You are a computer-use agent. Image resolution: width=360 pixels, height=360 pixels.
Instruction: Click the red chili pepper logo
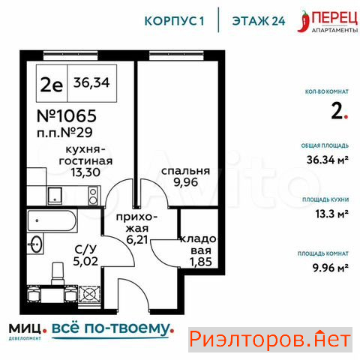304,22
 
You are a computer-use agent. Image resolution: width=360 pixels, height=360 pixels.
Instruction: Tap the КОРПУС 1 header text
174,21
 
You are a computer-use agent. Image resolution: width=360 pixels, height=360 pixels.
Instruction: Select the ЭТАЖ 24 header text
259,21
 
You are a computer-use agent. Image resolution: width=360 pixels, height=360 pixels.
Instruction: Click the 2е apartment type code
52,85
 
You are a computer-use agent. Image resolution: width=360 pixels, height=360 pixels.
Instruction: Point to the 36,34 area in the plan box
91,82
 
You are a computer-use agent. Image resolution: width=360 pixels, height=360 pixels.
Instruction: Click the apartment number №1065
67,115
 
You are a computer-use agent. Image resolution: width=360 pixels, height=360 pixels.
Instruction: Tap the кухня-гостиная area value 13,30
85,172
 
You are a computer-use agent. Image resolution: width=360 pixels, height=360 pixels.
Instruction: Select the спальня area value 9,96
186,182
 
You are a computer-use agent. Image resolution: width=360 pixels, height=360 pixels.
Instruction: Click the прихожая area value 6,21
137,240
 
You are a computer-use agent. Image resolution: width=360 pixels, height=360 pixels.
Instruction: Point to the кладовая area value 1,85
200,262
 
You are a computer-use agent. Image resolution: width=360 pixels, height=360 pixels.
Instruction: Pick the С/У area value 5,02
85,261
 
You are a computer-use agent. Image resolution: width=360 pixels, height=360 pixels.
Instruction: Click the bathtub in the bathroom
52,220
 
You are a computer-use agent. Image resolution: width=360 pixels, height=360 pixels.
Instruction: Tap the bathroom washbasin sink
35,244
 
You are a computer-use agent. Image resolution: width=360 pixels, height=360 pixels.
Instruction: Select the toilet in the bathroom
58,274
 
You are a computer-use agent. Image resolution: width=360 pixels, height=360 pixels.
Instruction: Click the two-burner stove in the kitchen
93,196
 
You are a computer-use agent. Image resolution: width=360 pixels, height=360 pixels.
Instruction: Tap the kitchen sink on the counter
54,196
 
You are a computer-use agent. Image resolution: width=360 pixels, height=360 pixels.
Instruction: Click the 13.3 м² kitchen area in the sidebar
331,214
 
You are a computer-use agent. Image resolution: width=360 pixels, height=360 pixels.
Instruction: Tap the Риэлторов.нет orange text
270,340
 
